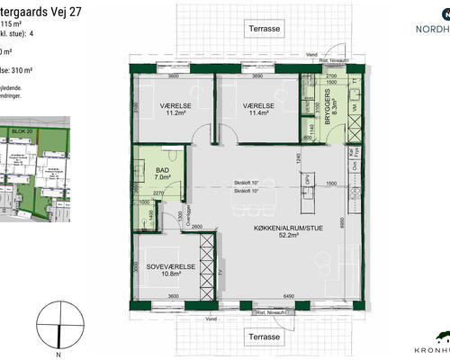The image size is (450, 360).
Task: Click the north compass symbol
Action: [59, 326]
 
